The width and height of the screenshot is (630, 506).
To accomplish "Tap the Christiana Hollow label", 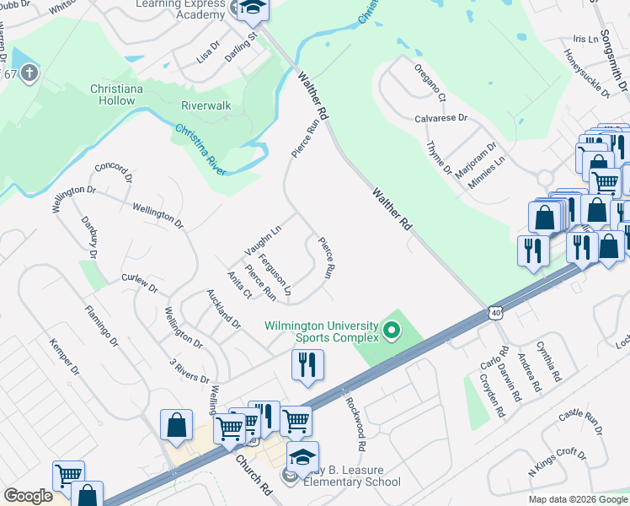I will [x=113, y=94].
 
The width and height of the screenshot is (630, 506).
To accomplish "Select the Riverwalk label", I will [x=206, y=106].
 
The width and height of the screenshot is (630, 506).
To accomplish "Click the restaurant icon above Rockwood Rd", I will [x=307, y=365].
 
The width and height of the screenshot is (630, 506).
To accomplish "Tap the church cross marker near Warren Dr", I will [x=28, y=73].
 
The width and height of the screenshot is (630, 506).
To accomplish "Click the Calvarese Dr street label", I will [x=440, y=118].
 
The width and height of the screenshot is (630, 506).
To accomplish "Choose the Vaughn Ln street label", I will [x=263, y=237].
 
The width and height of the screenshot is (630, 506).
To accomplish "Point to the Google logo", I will [x=28, y=496].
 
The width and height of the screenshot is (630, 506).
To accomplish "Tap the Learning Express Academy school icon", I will [x=251, y=10].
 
